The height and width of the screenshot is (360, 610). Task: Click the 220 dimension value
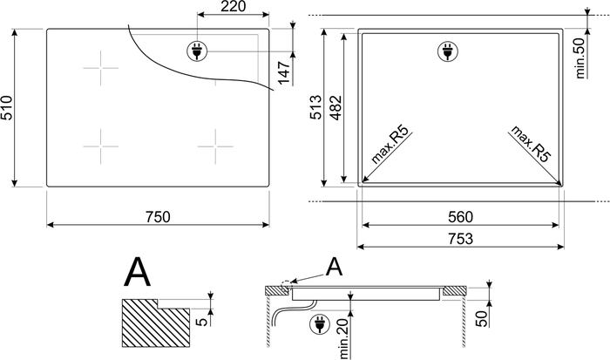[x=234, y=7]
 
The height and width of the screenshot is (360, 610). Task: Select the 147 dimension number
[x=284, y=72]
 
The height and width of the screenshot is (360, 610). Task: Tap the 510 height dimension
[x=7, y=107]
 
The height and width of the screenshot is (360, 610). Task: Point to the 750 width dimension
[x=158, y=217]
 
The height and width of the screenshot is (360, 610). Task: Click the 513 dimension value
[x=315, y=107]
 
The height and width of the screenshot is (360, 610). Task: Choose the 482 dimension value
[x=335, y=107]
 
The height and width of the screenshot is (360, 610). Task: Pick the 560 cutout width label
[x=461, y=217]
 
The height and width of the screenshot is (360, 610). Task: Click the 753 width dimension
[x=461, y=239]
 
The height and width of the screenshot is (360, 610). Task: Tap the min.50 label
[x=579, y=58]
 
